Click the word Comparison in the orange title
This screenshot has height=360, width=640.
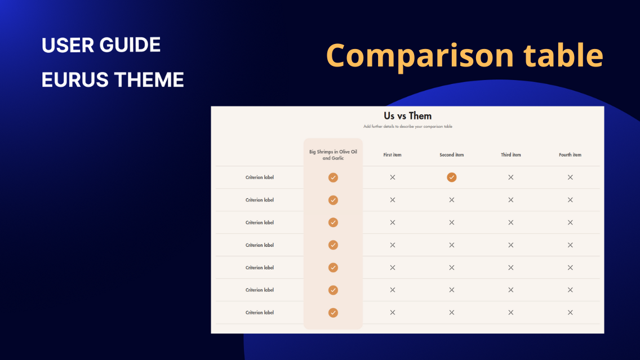click(420, 55)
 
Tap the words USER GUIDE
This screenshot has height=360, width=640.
click(101, 45)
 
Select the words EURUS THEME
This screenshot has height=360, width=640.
click(113, 80)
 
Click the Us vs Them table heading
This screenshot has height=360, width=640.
click(407, 116)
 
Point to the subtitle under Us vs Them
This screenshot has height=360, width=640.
click(407, 127)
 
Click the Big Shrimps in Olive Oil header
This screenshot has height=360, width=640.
click(333, 155)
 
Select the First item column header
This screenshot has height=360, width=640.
click(392, 155)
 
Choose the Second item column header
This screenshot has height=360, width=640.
click(451, 155)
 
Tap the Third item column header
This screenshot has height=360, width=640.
click(510, 155)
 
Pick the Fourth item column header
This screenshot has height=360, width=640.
click(570, 155)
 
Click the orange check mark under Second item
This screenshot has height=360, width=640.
click(451, 177)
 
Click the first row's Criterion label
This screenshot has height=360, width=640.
click(260, 177)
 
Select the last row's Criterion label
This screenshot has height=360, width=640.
click(260, 313)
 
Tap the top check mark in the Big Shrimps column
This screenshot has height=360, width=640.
click(333, 177)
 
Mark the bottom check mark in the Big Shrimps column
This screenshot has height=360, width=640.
click(333, 313)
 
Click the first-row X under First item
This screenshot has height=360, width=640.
click(393, 177)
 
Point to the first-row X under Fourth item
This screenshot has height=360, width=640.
click(570, 177)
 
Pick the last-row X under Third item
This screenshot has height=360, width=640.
click(510, 313)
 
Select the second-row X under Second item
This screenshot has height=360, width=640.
click(451, 200)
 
